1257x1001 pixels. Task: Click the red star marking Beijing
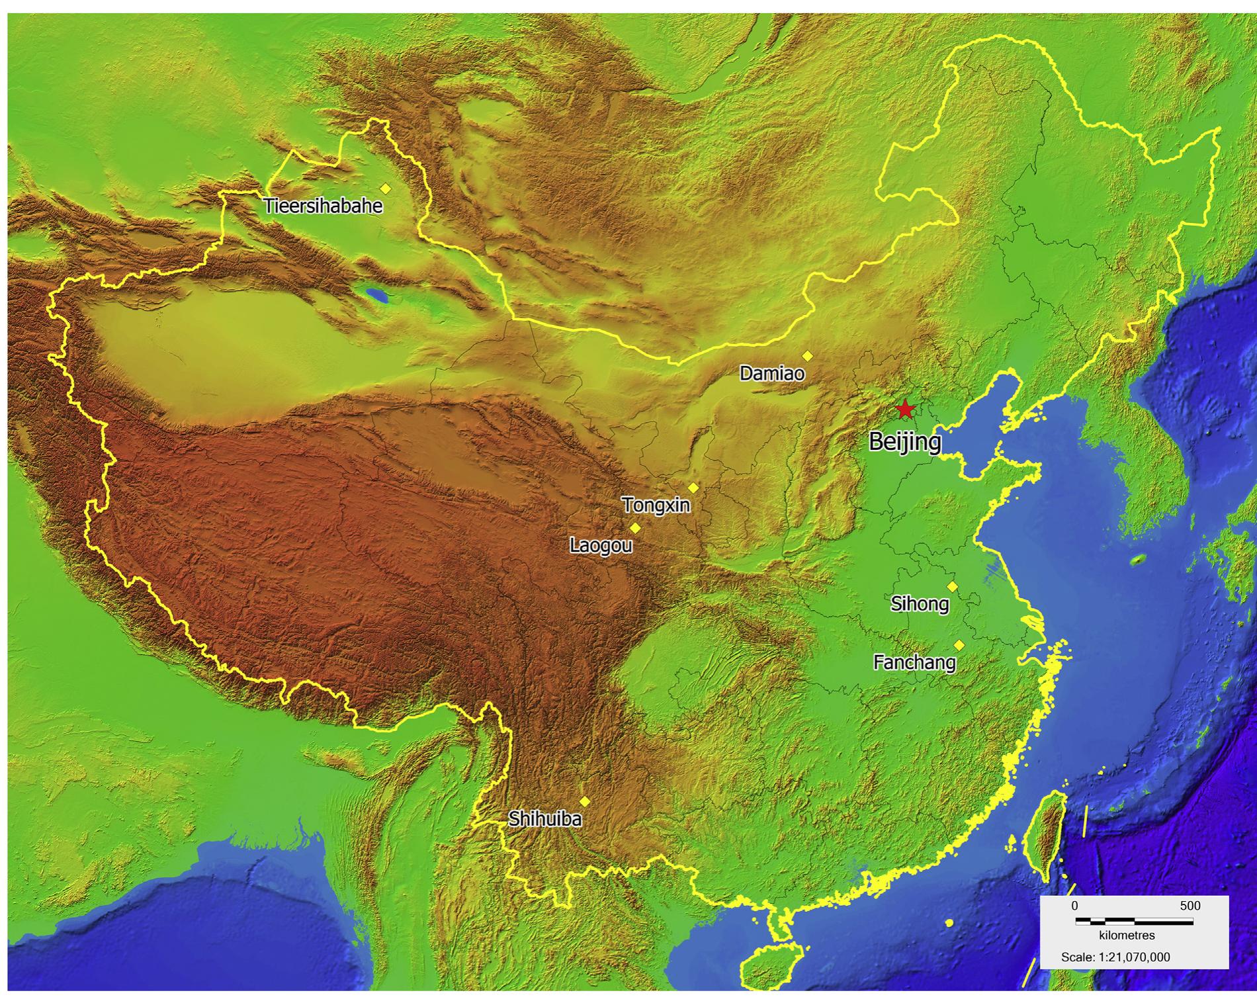905,410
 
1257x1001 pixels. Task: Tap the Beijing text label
904,441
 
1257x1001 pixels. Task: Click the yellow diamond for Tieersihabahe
386,189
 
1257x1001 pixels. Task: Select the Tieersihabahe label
323,206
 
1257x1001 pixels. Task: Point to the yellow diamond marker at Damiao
807,356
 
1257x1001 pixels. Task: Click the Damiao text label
772,374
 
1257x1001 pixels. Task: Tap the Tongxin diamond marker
693,488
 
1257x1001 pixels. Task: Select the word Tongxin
656,505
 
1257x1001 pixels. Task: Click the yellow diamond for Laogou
635,528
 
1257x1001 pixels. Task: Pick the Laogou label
601,545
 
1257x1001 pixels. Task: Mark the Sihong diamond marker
952,586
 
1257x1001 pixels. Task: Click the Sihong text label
920,603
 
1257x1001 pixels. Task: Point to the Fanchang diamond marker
959,645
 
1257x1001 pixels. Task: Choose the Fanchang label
914,662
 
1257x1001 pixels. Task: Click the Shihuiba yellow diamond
584,802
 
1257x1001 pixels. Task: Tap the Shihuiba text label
545,819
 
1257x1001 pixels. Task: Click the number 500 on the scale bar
1190,906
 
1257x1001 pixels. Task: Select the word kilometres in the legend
1127,936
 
